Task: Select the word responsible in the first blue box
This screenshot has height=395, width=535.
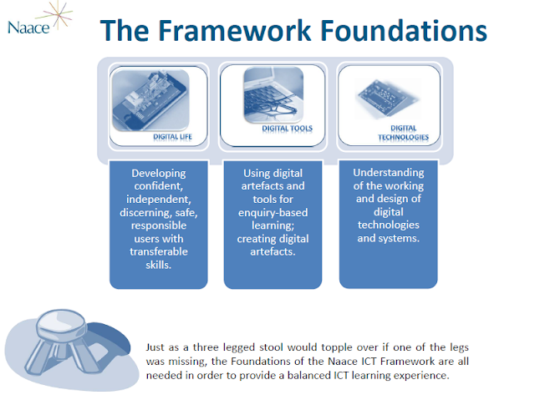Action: tap(159, 225)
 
